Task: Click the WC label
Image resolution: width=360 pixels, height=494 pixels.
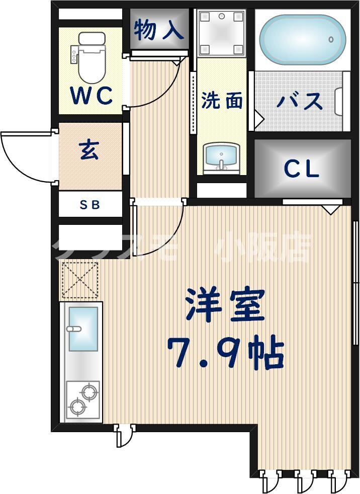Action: [x=91, y=95]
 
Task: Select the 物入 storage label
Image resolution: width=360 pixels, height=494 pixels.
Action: [x=158, y=30]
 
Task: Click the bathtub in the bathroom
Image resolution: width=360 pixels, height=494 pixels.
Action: [x=302, y=39]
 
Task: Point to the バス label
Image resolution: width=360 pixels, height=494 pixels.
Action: [x=300, y=101]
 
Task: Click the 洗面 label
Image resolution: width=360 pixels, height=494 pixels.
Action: [x=222, y=101]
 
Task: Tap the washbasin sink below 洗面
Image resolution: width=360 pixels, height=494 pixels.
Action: [x=221, y=156]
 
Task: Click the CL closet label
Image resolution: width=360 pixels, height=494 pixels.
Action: [x=302, y=169]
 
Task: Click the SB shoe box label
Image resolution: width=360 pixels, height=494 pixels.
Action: [x=91, y=205]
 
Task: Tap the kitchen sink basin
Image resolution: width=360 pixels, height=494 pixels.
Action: [x=83, y=330]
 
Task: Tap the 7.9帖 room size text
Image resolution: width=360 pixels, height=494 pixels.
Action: [x=225, y=353]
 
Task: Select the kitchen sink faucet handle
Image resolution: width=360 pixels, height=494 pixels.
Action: [x=74, y=330]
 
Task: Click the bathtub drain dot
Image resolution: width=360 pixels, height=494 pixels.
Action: [x=331, y=39]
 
